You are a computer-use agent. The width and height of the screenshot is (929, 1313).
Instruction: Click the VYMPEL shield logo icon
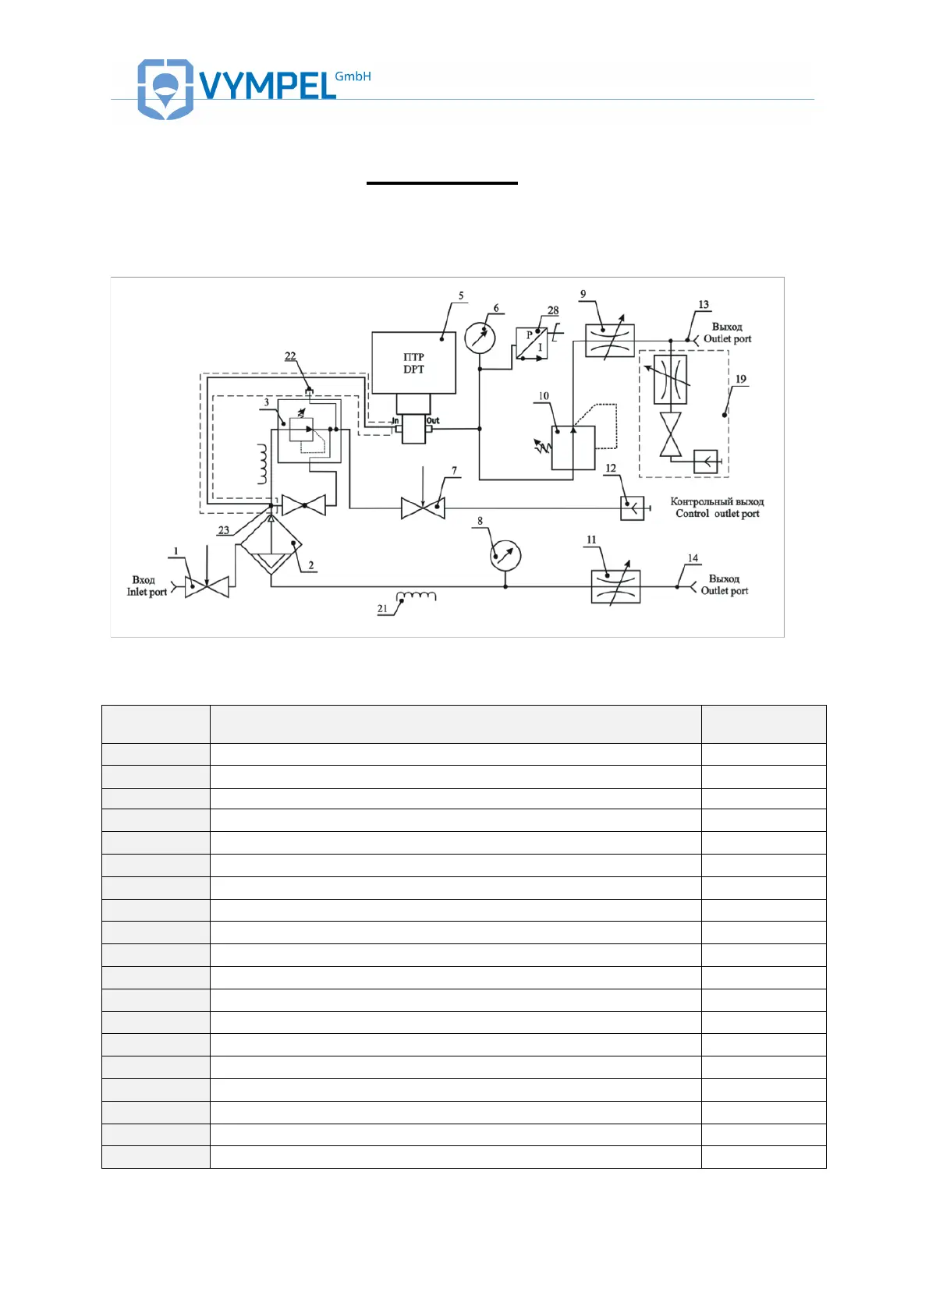(165, 88)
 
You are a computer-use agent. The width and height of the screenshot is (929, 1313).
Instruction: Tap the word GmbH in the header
(353, 76)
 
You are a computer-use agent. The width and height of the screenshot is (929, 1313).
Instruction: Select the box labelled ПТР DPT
(413, 363)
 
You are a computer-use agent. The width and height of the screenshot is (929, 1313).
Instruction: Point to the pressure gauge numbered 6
(480, 338)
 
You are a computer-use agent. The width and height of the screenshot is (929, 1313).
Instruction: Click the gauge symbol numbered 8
(505, 556)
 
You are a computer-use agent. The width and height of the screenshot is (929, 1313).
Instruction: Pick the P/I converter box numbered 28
(532, 343)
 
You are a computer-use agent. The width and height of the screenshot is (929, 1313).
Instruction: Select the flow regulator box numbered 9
(610, 341)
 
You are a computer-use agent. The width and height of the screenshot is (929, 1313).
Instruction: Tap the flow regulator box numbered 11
(615, 587)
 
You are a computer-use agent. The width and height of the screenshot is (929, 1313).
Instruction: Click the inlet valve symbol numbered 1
(207, 587)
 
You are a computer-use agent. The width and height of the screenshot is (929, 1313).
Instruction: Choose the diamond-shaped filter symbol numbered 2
(271, 545)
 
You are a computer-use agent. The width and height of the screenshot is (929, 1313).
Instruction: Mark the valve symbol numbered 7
(423, 508)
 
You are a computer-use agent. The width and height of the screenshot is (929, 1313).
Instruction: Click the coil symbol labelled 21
(417, 596)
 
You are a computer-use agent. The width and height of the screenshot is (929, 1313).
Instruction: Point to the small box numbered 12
(632, 508)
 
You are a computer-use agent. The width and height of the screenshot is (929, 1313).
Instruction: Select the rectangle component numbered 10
(573, 448)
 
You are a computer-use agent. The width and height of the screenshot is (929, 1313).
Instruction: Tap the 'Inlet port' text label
(147, 592)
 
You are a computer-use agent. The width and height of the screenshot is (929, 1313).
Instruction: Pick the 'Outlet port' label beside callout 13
(727, 338)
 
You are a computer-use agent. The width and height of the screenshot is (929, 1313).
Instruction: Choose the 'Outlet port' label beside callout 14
(724, 590)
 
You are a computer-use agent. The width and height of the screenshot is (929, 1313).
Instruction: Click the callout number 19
(740, 379)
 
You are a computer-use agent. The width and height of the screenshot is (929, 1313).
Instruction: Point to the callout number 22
(290, 356)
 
